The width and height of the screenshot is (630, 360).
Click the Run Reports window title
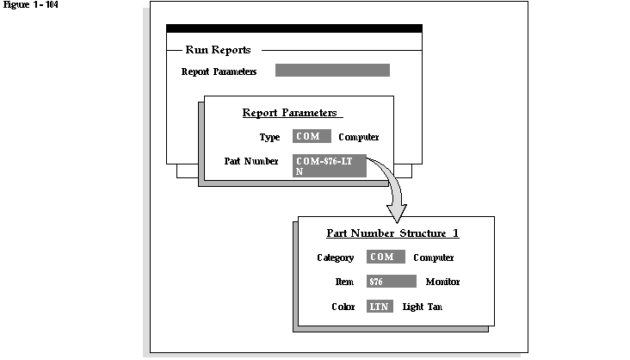pyautogui.click(x=218, y=50)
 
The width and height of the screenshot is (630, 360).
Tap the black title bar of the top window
pyautogui.click(x=293, y=28)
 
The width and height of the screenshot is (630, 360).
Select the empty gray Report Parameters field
pyautogui.click(x=332, y=71)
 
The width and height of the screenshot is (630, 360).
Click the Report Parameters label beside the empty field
pyautogui.click(x=219, y=71)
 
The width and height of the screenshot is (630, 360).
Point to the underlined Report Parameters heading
pyautogui.click(x=292, y=113)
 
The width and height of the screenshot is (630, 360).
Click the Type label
pyautogui.click(x=269, y=137)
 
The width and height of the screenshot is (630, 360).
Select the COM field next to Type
pyautogui.click(x=312, y=136)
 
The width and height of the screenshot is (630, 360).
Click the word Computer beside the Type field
pyautogui.click(x=358, y=137)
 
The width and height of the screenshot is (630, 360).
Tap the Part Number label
pyautogui.click(x=250, y=161)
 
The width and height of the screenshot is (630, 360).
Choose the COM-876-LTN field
pyautogui.click(x=330, y=165)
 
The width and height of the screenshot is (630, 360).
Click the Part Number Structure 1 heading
pyautogui.click(x=392, y=233)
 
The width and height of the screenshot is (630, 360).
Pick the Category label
pyautogui.click(x=335, y=258)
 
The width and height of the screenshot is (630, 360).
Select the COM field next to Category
pyautogui.click(x=386, y=257)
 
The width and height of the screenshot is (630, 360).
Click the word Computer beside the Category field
pyautogui.click(x=433, y=258)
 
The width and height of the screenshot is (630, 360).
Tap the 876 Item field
pyautogui.click(x=392, y=282)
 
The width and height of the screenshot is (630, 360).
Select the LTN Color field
pyautogui.click(x=380, y=307)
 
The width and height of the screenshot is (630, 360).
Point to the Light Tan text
pyautogui.click(x=422, y=307)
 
